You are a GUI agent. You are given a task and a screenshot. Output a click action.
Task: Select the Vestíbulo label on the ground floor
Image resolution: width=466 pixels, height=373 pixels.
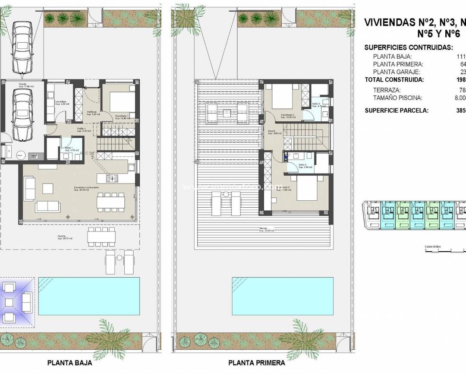(91, 113)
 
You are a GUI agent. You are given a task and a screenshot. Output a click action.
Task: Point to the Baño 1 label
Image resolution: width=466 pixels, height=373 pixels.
(69, 149)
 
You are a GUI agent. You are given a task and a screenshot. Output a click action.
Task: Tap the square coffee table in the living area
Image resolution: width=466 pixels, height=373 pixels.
(47, 188)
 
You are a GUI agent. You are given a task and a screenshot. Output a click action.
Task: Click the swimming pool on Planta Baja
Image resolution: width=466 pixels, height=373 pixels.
(89, 296)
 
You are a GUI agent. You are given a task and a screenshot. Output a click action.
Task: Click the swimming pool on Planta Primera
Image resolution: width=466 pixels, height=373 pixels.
(283, 296)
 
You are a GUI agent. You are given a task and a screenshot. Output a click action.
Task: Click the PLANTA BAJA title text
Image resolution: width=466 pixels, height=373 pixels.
(69, 363)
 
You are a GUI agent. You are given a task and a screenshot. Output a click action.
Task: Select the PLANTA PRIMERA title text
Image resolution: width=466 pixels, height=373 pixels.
(256, 363)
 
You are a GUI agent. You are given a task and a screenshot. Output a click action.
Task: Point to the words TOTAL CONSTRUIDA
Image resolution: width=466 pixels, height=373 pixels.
(394, 79)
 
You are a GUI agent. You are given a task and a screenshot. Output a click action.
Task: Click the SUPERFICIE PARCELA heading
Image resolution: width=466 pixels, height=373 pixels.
(397, 110)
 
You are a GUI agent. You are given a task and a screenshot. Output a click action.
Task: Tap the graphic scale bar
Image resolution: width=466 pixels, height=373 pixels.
(444, 250)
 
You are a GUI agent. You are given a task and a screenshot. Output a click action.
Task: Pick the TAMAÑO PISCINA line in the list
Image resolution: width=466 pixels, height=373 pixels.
(398, 98)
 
